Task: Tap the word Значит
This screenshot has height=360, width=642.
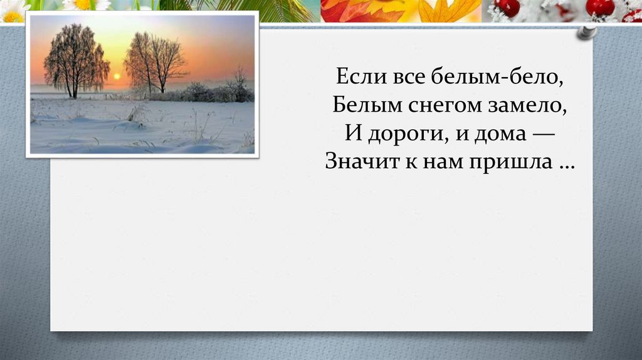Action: point(355,162)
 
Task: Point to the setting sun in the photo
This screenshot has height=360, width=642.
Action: point(116,77)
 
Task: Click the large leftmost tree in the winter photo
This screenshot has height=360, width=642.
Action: point(74,60)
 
